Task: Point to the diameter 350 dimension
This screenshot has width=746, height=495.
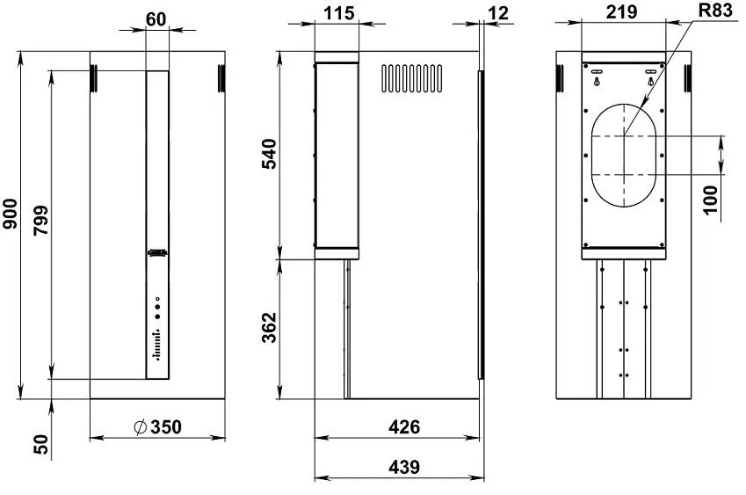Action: (x=160, y=427)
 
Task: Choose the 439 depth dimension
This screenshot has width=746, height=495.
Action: (x=403, y=467)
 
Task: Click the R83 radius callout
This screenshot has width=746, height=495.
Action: (x=713, y=12)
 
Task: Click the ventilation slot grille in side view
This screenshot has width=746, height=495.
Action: (x=411, y=77)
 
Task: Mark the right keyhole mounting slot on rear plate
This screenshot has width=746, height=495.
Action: (x=650, y=76)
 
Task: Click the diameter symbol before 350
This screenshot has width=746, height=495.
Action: (x=139, y=427)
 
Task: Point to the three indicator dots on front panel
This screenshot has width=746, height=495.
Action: (x=157, y=307)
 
